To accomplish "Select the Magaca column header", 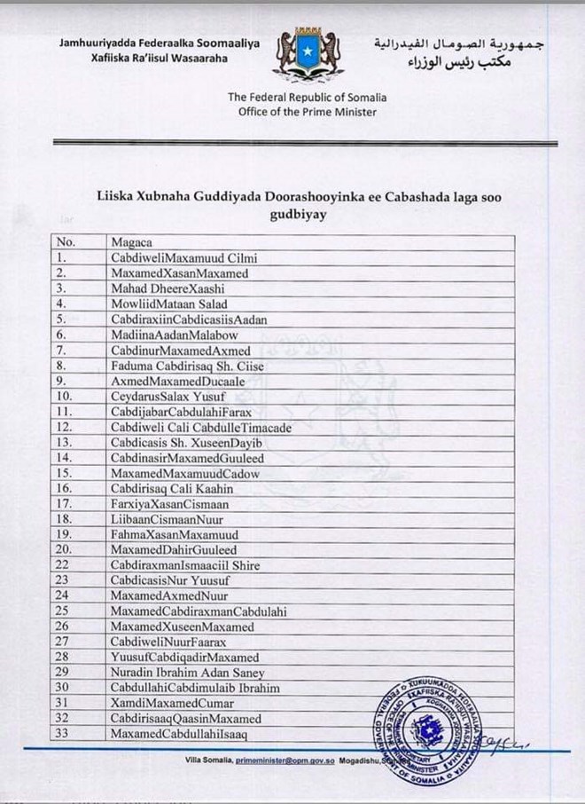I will point(131,241).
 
